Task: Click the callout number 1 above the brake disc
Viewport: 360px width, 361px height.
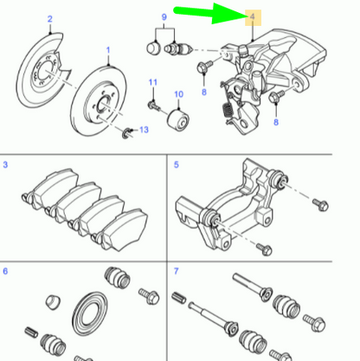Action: pyautogui.click(x=108, y=51)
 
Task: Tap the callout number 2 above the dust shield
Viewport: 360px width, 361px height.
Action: pyautogui.click(x=50, y=18)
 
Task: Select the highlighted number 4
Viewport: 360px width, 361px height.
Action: pyautogui.click(x=252, y=17)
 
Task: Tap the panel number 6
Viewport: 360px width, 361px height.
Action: pyautogui.click(x=6, y=272)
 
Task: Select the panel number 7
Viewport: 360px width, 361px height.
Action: pyautogui.click(x=178, y=272)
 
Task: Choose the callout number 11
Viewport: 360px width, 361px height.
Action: pyautogui.click(x=151, y=82)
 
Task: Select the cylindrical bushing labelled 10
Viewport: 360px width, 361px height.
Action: pyautogui.click(x=180, y=116)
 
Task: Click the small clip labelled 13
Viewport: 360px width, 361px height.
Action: pyautogui.click(x=128, y=131)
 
